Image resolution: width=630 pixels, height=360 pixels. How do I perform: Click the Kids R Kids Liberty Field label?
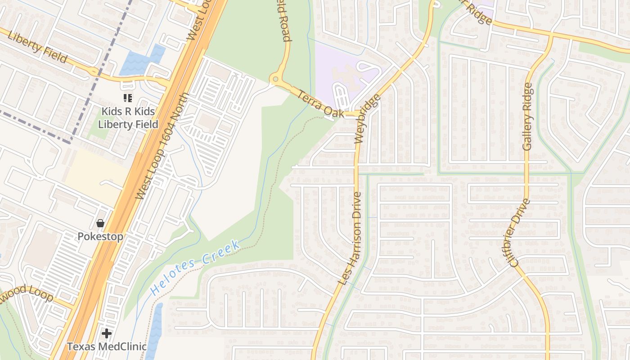click(x=128, y=118)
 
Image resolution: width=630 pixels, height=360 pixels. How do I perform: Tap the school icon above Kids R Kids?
click(x=128, y=97)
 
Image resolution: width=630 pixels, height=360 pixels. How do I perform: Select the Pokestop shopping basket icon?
click(x=100, y=223)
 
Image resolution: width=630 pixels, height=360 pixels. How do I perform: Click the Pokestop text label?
click(x=100, y=237)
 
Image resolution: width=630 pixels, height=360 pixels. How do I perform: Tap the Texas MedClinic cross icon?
click(x=107, y=333)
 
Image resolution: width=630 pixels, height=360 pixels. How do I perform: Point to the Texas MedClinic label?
click(x=107, y=346)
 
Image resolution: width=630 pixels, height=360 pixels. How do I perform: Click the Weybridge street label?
click(x=368, y=119)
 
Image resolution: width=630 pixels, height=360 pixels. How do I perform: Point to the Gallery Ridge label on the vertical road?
click(x=528, y=116)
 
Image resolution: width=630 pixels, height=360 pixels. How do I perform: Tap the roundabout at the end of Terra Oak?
click(x=275, y=80)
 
